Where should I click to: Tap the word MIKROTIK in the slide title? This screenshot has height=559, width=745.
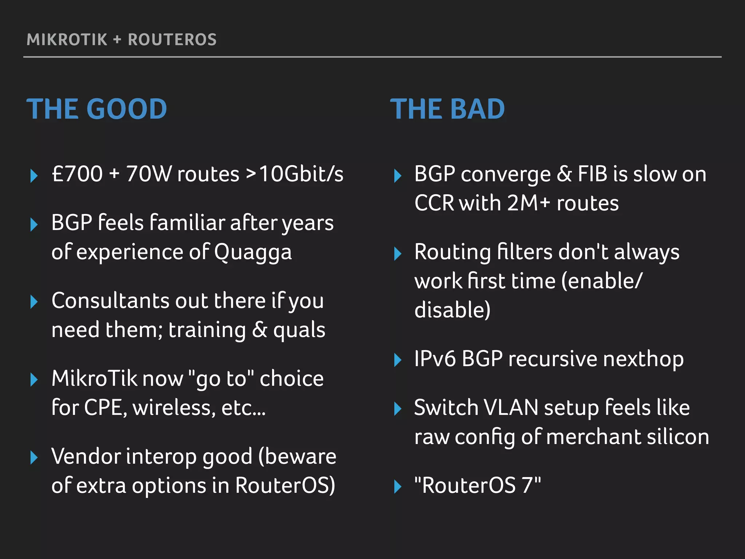(67, 40)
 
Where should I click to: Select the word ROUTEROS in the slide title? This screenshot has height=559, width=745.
(172, 40)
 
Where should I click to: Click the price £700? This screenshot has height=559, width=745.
(77, 174)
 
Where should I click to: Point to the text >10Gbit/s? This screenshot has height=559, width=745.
(295, 174)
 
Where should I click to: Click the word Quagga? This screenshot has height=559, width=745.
(253, 252)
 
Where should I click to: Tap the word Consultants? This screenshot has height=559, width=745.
(111, 301)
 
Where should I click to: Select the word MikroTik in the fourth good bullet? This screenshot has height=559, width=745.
(94, 378)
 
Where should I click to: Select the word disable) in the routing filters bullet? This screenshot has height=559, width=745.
(452, 310)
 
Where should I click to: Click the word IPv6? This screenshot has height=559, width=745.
(435, 359)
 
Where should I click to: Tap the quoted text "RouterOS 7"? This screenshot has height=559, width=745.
(477, 485)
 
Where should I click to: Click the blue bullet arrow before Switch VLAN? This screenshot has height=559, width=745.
(398, 409)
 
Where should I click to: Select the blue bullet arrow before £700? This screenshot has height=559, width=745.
(34, 176)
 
